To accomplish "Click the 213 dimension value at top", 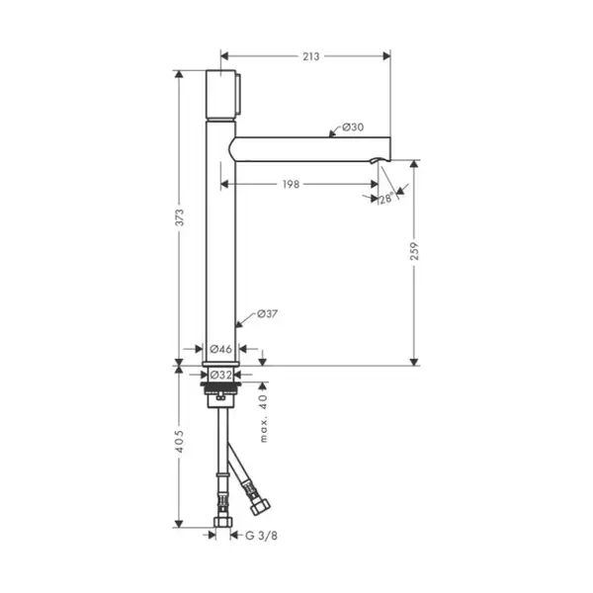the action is tap(311, 56).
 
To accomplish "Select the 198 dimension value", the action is tap(291, 184).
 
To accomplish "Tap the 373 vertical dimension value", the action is tap(179, 217).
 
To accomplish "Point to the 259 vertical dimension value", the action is tap(414, 251).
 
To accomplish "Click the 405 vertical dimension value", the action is tap(179, 442).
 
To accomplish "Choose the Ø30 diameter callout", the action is tap(353, 127).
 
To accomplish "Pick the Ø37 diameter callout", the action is tap(268, 313).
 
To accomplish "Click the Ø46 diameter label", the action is tap(220, 349).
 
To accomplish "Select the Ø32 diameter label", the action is tap(220, 375).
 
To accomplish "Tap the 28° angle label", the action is tap(386, 199).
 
